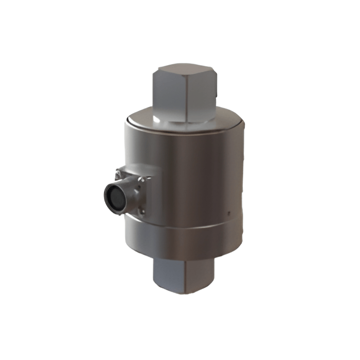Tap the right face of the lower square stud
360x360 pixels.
200,275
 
